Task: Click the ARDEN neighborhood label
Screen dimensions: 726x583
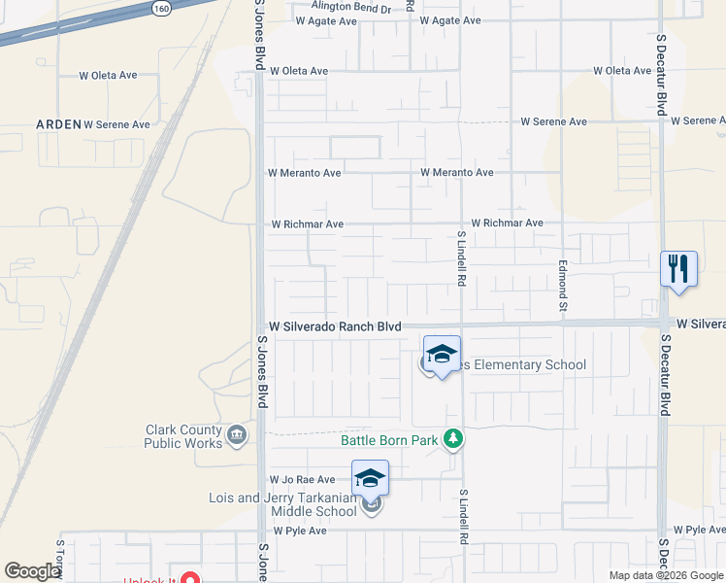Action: pyautogui.click(x=58, y=124)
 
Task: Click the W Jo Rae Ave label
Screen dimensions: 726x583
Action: pyautogui.click(x=302, y=479)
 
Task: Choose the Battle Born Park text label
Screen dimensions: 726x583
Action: pyautogui.click(x=389, y=440)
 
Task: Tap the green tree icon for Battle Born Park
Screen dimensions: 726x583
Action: pyautogui.click(x=451, y=440)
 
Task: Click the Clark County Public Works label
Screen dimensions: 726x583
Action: pyautogui.click(x=182, y=436)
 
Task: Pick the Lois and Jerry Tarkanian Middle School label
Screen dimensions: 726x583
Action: pyautogui.click(x=283, y=504)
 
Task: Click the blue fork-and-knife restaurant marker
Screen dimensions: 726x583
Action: pyautogui.click(x=678, y=268)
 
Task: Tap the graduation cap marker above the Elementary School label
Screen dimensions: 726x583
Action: pyautogui.click(x=442, y=354)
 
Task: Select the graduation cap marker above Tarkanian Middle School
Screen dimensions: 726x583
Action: pyautogui.click(x=370, y=478)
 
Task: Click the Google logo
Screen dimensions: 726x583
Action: pyautogui.click(x=32, y=570)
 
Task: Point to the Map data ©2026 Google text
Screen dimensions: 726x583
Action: pyautogui.click(x=665, y=575)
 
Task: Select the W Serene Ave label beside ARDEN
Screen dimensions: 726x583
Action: pyautogui.click(x=116, y=124)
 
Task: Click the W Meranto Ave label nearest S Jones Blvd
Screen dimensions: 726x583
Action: pyautogui.click(x=305, y=173)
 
